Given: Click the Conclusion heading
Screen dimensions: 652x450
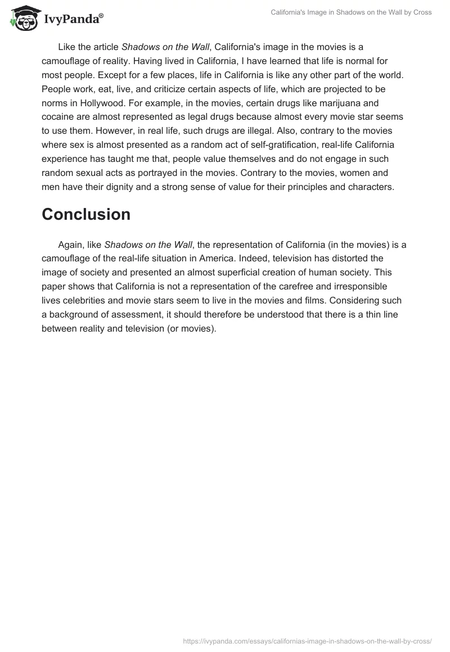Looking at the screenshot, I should [x=86, y=214].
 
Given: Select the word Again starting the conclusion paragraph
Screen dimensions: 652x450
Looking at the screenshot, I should [x=71, y=244].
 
